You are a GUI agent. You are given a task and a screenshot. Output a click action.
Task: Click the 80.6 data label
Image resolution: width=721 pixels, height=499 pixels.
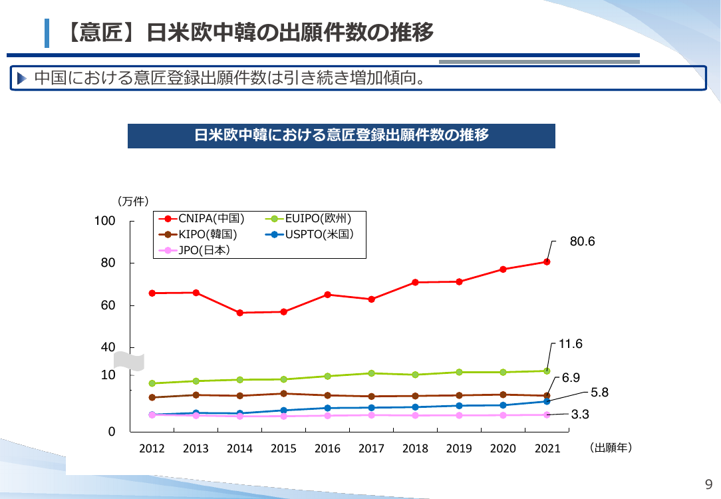[582, 242]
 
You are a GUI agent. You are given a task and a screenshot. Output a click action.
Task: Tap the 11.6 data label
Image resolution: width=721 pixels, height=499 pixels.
[570, 344]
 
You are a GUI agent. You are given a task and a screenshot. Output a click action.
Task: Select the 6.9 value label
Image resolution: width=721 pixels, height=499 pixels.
[571, 378]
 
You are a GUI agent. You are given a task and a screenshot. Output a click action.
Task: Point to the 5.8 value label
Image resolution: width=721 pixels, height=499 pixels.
[599, 393]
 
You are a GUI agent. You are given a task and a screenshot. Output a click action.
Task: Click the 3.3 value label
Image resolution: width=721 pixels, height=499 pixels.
[580, 415]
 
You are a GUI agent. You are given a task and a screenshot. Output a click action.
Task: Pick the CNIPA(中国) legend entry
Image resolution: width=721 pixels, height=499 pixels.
[202, 219]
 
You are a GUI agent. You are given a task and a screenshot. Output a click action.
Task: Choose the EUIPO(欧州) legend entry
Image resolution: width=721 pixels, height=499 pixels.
[308, 219]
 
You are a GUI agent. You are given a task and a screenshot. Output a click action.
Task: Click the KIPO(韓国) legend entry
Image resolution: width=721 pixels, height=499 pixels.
[198, 235]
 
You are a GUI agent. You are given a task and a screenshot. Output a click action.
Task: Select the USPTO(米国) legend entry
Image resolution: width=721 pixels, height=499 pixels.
[309, 235]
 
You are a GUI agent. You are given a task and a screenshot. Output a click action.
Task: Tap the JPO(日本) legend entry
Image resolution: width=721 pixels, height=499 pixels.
[194, 250]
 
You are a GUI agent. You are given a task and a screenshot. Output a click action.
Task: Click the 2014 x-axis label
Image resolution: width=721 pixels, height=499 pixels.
[239, 448]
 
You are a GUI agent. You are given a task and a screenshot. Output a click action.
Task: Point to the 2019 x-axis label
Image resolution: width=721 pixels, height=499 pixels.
[459, 448]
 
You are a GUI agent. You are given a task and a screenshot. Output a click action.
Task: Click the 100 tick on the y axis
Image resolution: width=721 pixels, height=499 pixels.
[105, 221]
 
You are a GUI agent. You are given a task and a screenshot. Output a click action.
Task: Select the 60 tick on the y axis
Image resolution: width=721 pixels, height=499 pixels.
[108, 305]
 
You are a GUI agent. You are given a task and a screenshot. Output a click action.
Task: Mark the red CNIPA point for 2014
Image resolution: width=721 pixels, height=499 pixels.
[239, 313]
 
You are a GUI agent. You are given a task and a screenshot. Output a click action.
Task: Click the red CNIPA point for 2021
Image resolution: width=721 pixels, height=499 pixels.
[547, 261]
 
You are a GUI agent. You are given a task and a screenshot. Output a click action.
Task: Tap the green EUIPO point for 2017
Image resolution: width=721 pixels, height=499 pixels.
[372, 373]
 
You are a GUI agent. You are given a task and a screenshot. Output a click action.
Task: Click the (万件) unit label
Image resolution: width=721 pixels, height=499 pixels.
[133, 202]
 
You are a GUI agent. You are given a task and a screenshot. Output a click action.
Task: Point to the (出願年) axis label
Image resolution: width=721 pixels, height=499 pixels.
[611, 448]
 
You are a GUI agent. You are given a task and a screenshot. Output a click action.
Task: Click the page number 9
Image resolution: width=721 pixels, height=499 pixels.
[708, 484]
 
